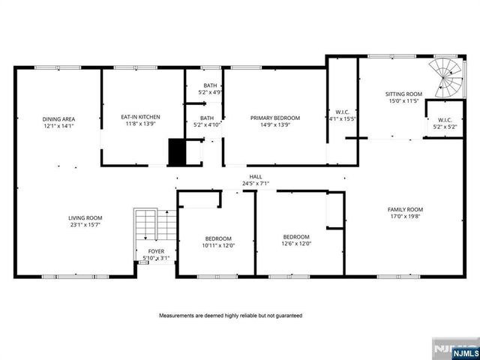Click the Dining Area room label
58,119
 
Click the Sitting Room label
403,94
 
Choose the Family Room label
405,209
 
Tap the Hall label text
256,176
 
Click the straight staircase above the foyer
148,226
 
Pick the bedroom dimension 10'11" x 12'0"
218,244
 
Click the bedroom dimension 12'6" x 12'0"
296,243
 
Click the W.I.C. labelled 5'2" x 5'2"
444,127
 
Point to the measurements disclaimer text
230,316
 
